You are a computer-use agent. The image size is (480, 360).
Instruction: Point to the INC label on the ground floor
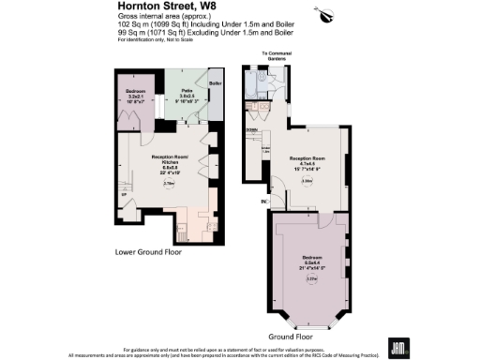tap(264, 201)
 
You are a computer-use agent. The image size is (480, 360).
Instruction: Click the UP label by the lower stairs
tap(123, 196)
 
